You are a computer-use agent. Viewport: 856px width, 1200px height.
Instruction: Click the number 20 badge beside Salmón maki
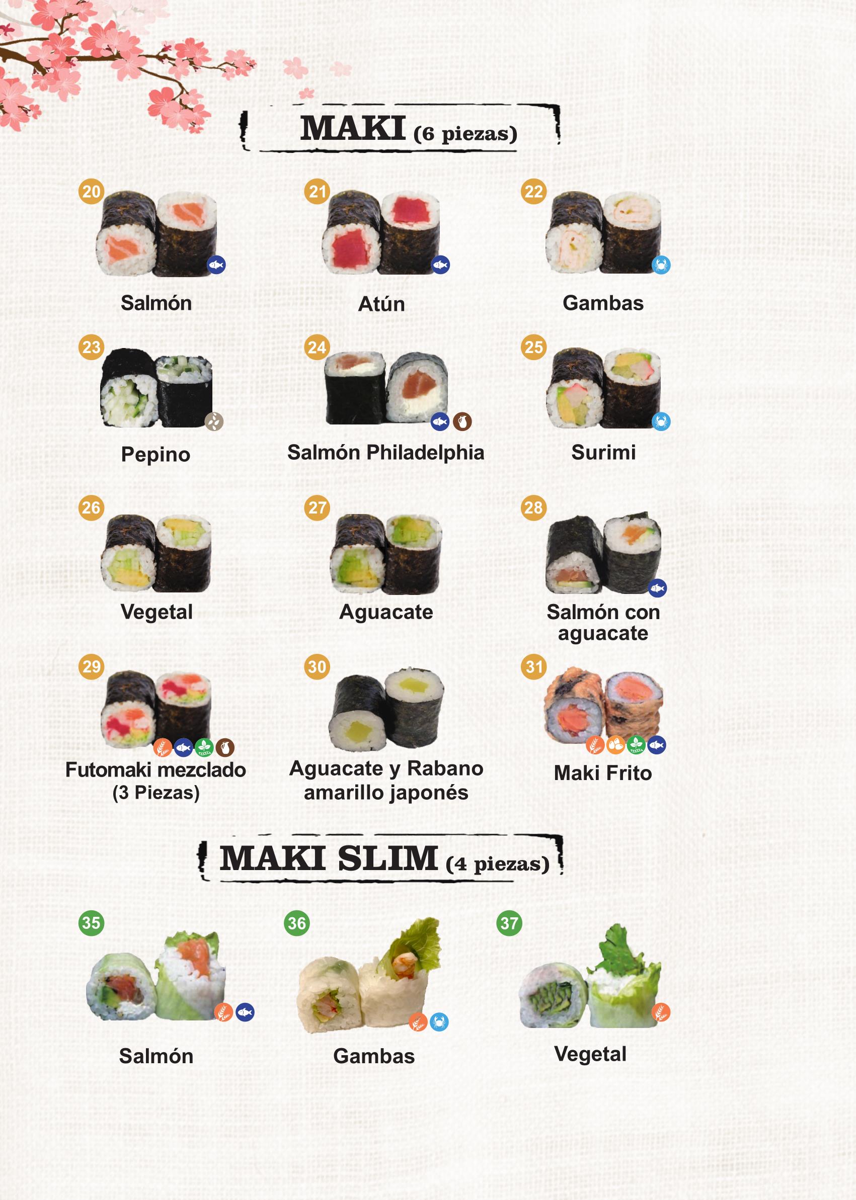[91, 191]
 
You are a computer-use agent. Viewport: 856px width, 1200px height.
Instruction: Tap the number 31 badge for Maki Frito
[533, 666]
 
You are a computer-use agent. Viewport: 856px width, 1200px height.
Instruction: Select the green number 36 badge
[297, 923]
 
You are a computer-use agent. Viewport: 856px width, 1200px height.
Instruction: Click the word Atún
[381, 304]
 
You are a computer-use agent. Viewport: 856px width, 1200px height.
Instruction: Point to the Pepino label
[155, 454]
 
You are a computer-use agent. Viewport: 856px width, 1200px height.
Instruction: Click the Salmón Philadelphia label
[385, 453]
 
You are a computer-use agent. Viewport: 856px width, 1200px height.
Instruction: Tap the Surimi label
[603, 453]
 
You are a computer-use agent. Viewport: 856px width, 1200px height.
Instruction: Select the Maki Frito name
[602, 773]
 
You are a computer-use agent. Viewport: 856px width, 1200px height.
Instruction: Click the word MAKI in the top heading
[353, 129]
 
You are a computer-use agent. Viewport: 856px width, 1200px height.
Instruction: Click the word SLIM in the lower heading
[387, 859]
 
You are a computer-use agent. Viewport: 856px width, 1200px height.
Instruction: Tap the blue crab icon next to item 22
[661, 265]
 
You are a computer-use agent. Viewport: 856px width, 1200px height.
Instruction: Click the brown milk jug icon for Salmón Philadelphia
[462, 421]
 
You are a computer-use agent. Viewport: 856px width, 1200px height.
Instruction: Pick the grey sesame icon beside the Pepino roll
[214, 421]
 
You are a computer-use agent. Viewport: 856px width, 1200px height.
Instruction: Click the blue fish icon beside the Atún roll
[441, 265]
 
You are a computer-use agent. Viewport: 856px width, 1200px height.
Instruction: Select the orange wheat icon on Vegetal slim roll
[661, 1012]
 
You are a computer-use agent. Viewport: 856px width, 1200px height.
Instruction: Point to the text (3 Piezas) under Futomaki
[156, 793]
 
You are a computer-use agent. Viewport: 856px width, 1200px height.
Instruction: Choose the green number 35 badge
[91, 922]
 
